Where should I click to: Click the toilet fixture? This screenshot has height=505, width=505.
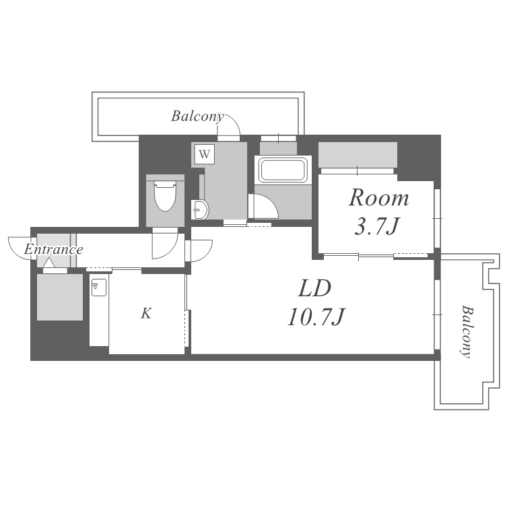tap(165, 196)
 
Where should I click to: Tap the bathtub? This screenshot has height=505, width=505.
tap(283, 170)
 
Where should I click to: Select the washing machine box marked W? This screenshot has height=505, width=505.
tap(205, 154)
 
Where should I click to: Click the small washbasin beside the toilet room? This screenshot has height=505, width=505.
tap(200, 211)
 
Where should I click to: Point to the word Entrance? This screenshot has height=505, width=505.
tap(53, 250)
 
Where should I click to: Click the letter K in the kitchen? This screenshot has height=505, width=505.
tap(145, 313)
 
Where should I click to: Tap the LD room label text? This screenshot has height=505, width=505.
tap(314, 289)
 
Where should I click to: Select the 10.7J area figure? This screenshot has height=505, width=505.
tap(316, 316)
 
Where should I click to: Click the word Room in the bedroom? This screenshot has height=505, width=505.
tap(378, 198)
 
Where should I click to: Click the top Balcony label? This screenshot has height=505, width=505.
tap(197, 116)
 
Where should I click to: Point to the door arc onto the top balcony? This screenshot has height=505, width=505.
tap(229, 125)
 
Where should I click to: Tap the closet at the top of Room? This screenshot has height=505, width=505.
tap(357, 156)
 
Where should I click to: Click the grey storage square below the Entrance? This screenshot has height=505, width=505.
tap(60, 296)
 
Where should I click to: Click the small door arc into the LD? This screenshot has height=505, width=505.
tap(198, 250)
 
